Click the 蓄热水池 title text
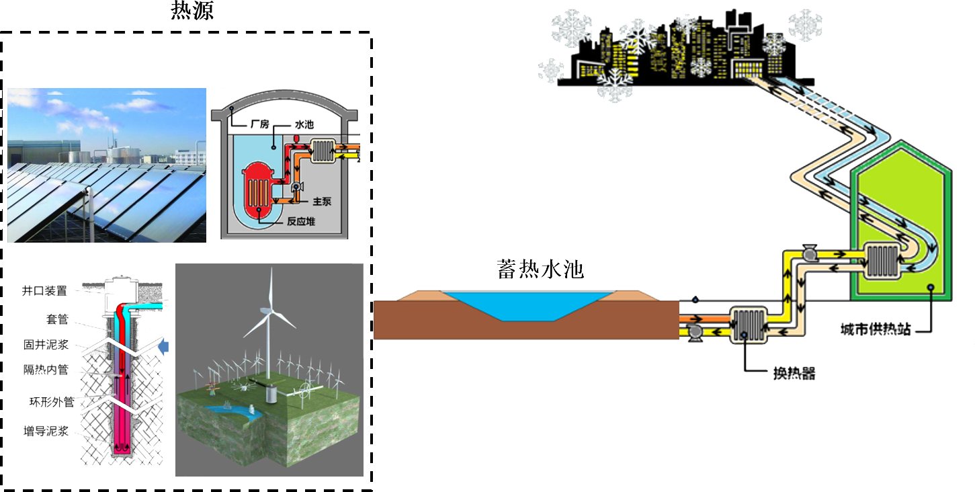point(541,269)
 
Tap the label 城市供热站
point(875,330)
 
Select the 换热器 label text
point(794,374)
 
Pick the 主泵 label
point(322,200)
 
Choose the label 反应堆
point(302,222)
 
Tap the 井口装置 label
point(44,291)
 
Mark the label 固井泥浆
point(45,345)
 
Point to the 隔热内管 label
point(45,369)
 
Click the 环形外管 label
point(45,403)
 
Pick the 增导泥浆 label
point(45,431)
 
